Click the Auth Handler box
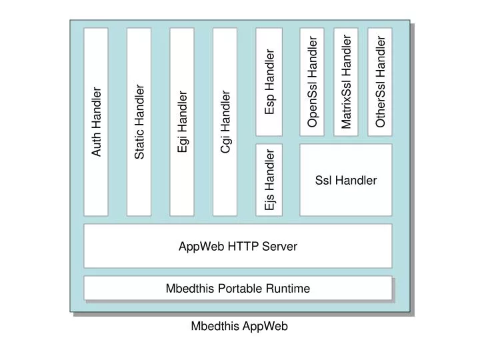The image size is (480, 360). [96, 122]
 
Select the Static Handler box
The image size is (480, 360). [139, 122]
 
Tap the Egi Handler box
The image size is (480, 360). [182, 122]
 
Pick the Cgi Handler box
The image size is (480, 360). [225, 122]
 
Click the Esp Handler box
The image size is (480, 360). [269, 81]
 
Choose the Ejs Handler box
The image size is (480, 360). [269, 180]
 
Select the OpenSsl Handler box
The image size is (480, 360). [312, 81]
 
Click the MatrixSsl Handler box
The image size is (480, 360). [346, 81]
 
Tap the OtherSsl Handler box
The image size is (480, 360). [380, 81]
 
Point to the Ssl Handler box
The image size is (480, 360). [345, 180]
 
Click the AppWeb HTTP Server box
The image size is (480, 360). [237, 246]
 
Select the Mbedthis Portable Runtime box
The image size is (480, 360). [237, 288]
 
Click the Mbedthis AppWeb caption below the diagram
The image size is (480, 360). [239, 326]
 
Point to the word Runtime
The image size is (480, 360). [287, 288]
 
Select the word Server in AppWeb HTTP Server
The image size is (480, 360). [280, 246]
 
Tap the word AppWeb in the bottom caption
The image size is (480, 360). [265, 326]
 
